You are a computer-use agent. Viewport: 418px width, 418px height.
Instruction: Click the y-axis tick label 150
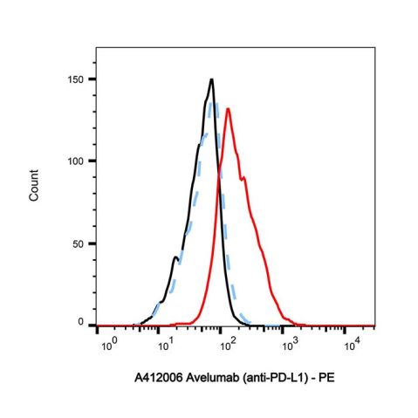tap(79, 79)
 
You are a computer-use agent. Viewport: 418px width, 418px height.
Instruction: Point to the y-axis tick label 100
tap(79, 161)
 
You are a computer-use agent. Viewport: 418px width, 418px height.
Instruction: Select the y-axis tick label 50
tap(81, 243)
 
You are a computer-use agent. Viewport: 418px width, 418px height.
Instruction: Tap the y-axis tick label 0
tap(84, 323)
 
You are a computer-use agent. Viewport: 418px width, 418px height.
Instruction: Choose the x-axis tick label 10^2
tap(228, 346)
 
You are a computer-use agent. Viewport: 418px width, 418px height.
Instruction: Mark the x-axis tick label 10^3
tap(288, 346)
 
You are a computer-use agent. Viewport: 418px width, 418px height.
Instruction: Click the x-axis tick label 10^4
tap(348, 346)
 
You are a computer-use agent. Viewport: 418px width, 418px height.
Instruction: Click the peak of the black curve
tap(211, 80)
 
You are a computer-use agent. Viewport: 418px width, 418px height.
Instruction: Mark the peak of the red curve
tap(227, 109)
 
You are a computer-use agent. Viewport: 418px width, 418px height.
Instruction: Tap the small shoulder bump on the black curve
tap(175, 257)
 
